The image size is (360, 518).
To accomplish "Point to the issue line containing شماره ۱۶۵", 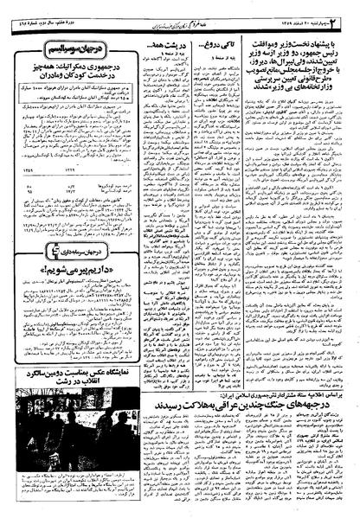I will point(35,11).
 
